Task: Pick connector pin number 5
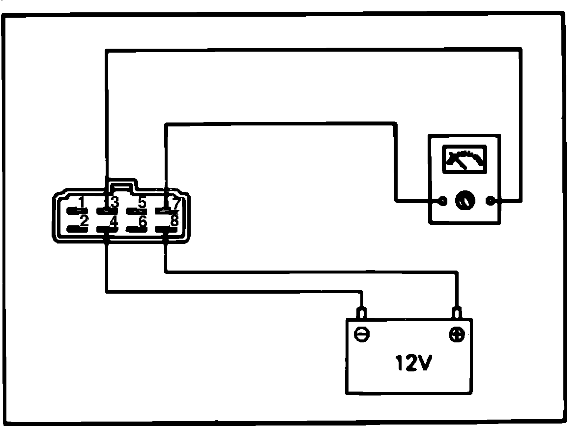click(x=137, y=211)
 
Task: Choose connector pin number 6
click(x=137, y=229)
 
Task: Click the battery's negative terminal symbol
click(x=362, y=335)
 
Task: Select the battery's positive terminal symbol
click(x=457, y=335)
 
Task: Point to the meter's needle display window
click(x=465, y=159)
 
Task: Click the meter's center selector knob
click(x=465, y=201)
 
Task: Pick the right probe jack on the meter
click(x=489, y=201)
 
